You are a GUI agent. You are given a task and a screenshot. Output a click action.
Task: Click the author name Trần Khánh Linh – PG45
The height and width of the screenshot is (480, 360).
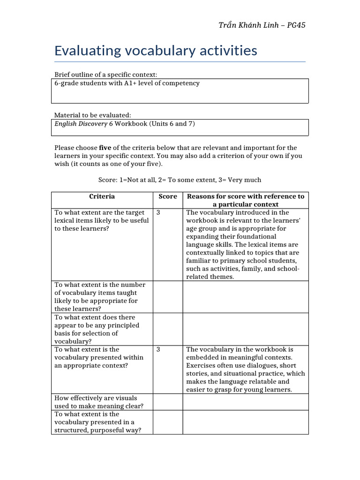(x=262, y=25)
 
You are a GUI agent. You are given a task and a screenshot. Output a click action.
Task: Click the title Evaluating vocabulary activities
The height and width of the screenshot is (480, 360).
(x=156, y=50)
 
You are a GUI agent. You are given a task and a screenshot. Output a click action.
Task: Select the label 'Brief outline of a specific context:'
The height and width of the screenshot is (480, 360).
(x=105, y=75)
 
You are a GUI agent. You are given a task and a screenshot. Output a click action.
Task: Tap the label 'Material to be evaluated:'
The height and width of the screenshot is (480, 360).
(x=93, y=115)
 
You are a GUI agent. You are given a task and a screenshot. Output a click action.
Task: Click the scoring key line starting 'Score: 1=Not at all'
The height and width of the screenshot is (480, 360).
(x=180, y=180)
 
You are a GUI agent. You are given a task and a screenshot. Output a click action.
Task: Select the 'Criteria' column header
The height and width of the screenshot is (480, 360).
(x=102, y=196)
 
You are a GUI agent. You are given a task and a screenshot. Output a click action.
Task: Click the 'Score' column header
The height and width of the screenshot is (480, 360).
(x=167, y=196)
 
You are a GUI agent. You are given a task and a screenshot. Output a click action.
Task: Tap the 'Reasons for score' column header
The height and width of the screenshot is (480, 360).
(x=245, y=200)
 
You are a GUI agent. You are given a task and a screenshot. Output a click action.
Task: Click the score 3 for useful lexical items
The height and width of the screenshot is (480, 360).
(x=158, y=212)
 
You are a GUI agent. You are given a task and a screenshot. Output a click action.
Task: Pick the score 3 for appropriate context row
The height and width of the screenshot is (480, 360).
(x=158, y=349)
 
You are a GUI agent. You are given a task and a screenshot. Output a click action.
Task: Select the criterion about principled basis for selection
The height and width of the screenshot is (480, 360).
(x=97, y=329)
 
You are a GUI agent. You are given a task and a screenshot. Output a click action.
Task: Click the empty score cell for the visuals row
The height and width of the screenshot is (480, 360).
(x=167, y=402)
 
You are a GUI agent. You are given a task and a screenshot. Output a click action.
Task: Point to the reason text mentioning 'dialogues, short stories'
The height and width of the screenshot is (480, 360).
(x=245, y=369)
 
